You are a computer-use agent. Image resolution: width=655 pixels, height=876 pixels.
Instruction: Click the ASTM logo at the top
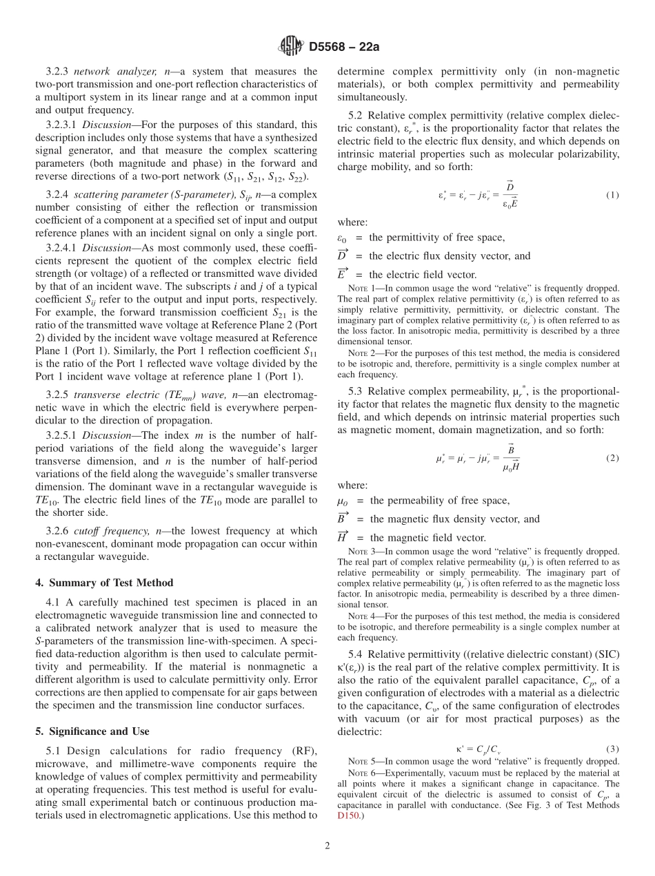point(290,47)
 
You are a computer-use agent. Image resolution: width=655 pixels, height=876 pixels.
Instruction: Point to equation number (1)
point(612,195)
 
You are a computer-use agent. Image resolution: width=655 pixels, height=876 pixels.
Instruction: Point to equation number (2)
point(612,458)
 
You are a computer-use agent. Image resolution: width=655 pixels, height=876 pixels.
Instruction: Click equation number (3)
point(612,749)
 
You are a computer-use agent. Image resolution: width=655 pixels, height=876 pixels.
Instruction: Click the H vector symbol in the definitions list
point(343,537)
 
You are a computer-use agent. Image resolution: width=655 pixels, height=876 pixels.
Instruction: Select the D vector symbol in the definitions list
point(343,255)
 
